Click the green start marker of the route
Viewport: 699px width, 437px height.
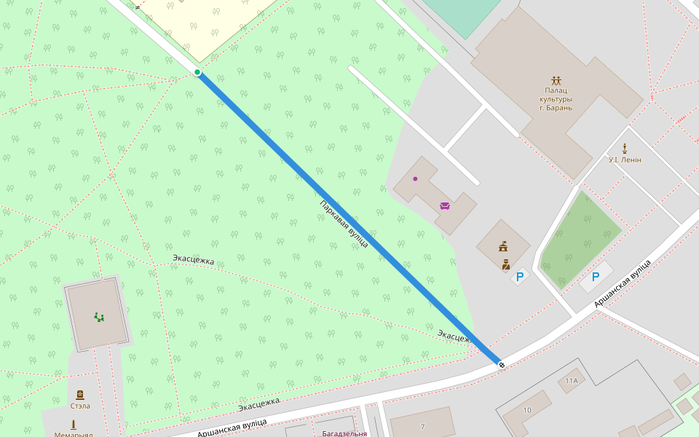pos(197,71)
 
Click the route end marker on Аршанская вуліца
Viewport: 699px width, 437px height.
pos(502,363)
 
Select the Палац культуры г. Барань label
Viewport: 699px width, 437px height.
pos(556,99)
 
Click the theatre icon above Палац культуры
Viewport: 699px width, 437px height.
pos(556,79)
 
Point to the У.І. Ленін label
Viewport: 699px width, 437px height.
pos(625,160)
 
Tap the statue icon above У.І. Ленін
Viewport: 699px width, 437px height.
pos(625,148)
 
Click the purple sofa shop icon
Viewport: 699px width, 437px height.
pos(445,205)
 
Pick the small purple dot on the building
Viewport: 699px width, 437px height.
pos(415,178)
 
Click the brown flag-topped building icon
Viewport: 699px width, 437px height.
pos(503,247)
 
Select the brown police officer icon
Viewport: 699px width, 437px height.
pos(505,264)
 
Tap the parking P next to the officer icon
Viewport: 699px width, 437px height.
pos(520,277)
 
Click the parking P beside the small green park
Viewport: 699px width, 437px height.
pos(596,277)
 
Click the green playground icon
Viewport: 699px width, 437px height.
pos(98,317)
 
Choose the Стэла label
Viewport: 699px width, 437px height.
pos(80,406)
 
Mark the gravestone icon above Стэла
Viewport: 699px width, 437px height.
pos(80,394)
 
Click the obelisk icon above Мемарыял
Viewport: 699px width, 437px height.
pos(73,425)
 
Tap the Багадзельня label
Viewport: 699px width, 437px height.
pos(344,433)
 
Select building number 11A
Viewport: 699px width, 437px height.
pos(572,381)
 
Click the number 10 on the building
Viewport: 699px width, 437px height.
pos(527,411)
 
